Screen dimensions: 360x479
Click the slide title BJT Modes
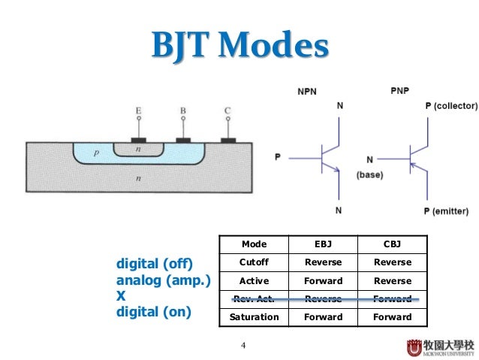(239, 46)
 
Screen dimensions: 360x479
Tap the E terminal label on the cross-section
(138, 111)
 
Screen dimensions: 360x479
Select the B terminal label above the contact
(182, 111)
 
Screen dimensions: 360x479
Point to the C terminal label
(227, 111)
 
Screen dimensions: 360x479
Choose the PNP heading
(399, 91)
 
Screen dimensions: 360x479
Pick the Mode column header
(254, 244)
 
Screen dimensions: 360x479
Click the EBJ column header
(323, 244)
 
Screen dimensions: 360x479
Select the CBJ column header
(393, 244)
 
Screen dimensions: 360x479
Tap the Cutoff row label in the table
(254, 262)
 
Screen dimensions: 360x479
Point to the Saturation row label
(254, 316)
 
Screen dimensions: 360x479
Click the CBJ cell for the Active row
(393, 280)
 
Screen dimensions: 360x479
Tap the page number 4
(243, 345)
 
